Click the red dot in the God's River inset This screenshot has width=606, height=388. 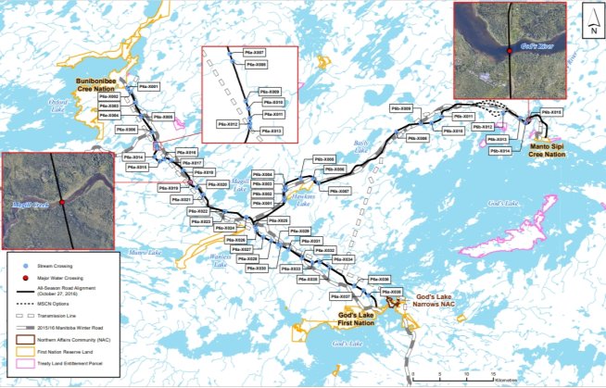click(511, 50)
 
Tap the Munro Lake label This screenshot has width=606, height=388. click(145, 252)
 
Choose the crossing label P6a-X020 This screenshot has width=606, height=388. click(216, 184)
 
